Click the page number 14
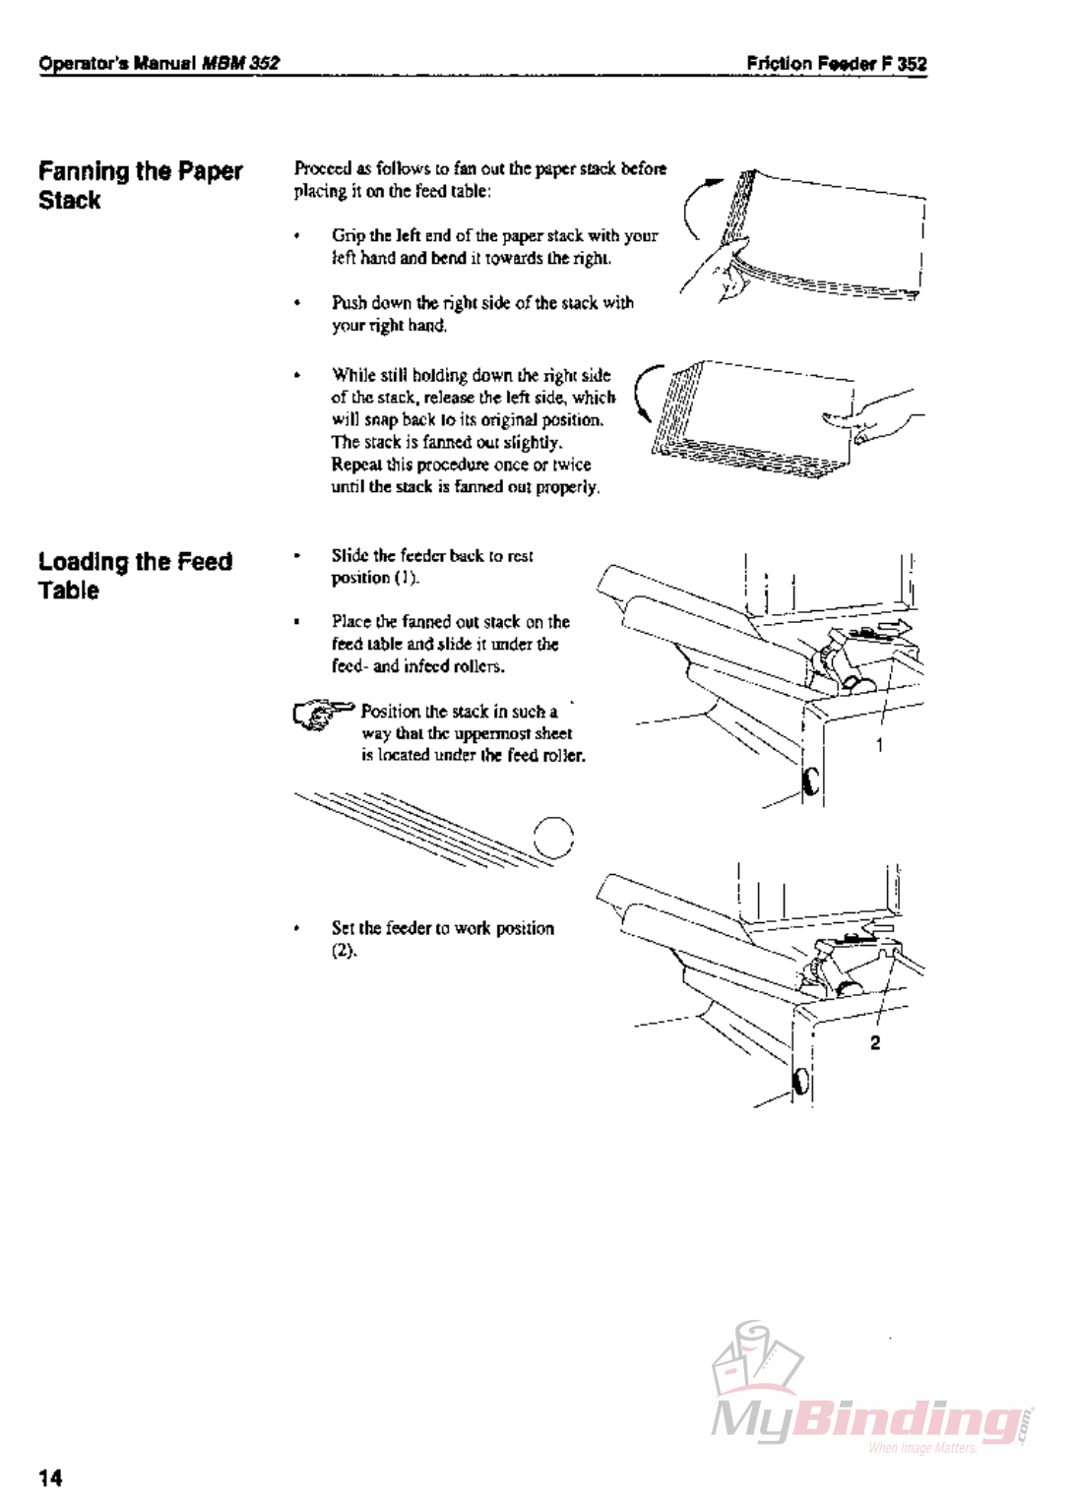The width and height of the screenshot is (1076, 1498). (50, 1476)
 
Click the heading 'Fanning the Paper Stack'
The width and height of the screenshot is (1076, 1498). (140, 185)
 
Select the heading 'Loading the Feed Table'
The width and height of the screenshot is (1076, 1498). (135, 576)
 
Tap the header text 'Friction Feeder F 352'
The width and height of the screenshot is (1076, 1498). (836, 64)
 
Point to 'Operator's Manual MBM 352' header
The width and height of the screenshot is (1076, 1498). (158, 64)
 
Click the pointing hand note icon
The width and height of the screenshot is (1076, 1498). (323, 714)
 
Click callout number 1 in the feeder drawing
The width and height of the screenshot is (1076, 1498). (879, 745)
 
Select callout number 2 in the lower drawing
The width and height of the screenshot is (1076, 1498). (874, 1042)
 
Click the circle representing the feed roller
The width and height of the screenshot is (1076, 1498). (553, 839)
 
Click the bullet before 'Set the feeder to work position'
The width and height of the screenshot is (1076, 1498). (297, 928)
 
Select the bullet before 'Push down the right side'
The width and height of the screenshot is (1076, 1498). (297, 303)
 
